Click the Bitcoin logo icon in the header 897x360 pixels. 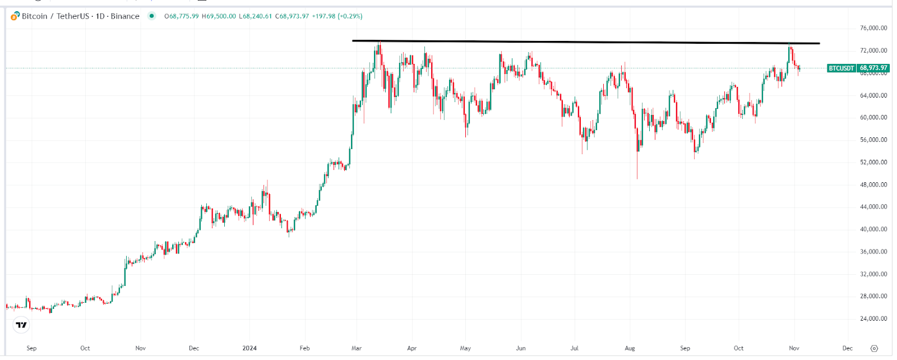15,16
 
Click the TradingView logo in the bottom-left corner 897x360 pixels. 21,325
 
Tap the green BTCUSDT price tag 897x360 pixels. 858,68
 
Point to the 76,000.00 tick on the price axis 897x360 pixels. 873,28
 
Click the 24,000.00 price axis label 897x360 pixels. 873,319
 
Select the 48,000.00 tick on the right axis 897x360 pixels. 873,184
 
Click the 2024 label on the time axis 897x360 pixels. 249,348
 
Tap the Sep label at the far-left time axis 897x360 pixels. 31,348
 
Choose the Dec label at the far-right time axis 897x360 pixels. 847,348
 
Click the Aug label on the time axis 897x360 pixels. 630,348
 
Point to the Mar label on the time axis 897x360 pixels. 357,348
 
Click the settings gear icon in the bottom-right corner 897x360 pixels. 873,348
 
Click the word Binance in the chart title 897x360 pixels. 125,16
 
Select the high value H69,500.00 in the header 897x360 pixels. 219,16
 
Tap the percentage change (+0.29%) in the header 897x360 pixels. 350,16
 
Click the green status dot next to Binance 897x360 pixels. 151,16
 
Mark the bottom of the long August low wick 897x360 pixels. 637,179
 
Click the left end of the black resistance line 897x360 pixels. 353,40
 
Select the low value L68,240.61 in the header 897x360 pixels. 256,16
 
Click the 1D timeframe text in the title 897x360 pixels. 100,16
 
